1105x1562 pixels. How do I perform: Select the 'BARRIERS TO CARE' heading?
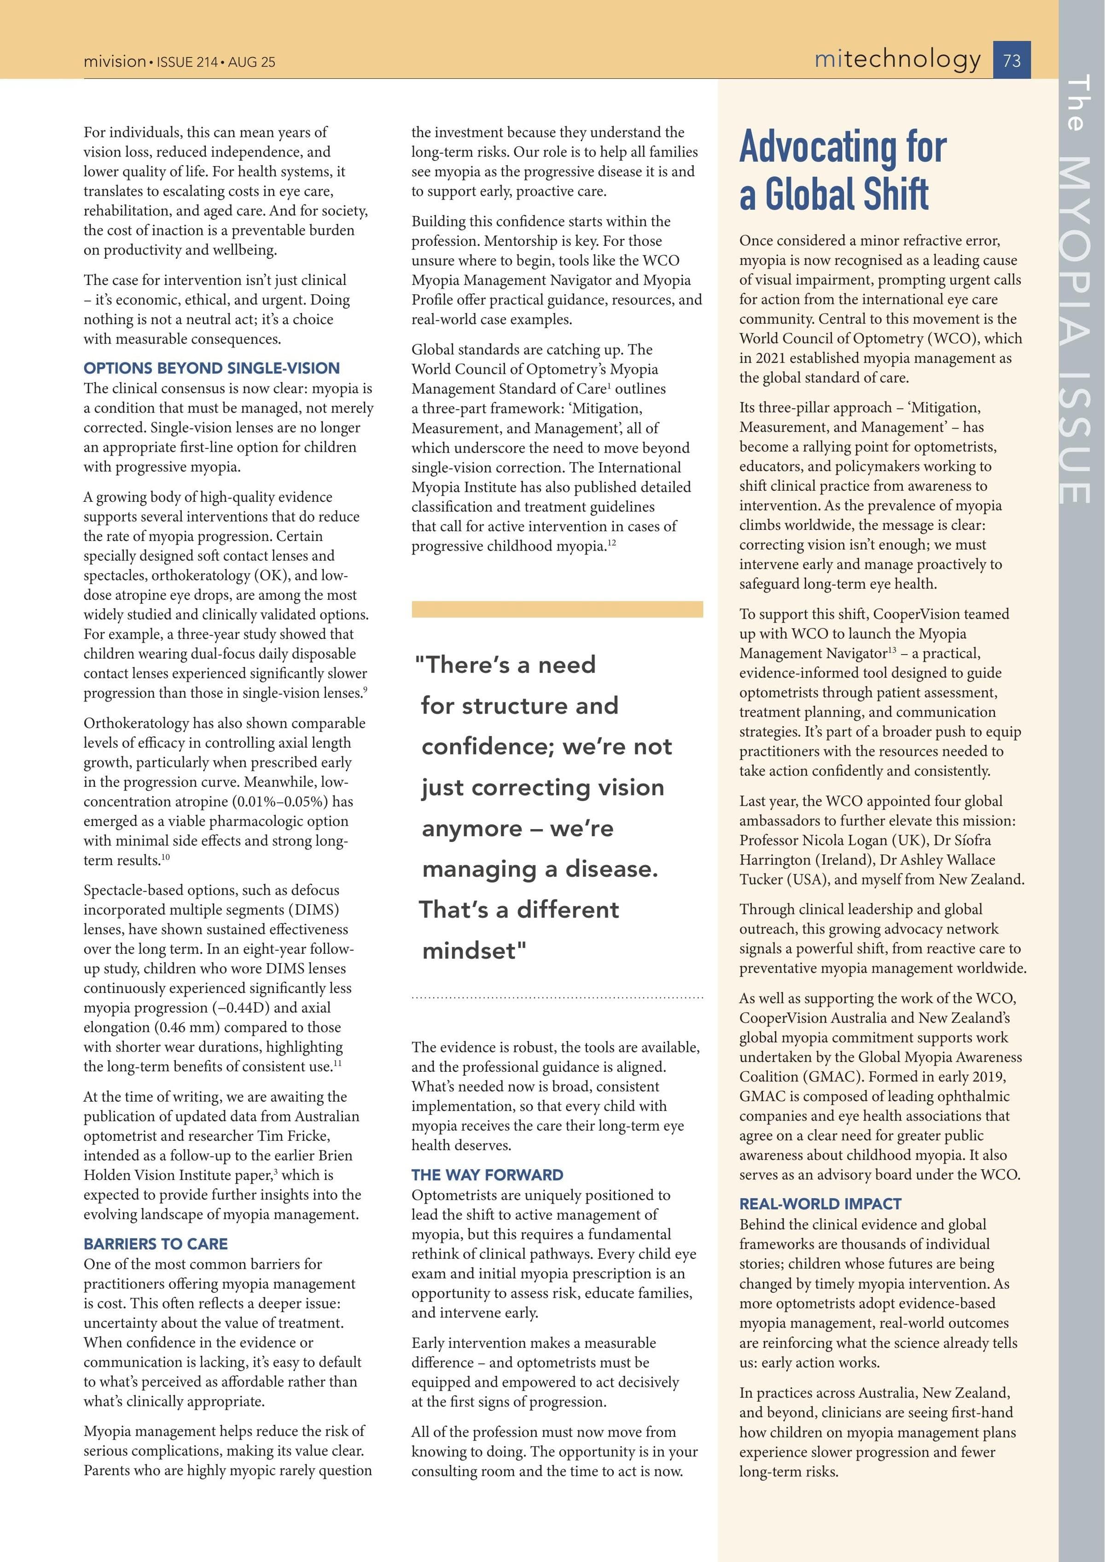click(x=156, y=1243)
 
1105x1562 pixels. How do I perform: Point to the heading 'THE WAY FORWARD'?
click(x=487, y=1175)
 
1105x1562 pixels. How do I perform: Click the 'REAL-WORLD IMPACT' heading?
click(x=820, y=1203)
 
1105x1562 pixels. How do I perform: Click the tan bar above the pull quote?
click(x=557, y=609)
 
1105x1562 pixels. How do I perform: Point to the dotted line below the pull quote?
click(x=557, y=998)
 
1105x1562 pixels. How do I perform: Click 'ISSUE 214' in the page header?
click(x=187, y=62)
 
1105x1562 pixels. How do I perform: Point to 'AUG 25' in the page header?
click(x=252, y=62)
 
